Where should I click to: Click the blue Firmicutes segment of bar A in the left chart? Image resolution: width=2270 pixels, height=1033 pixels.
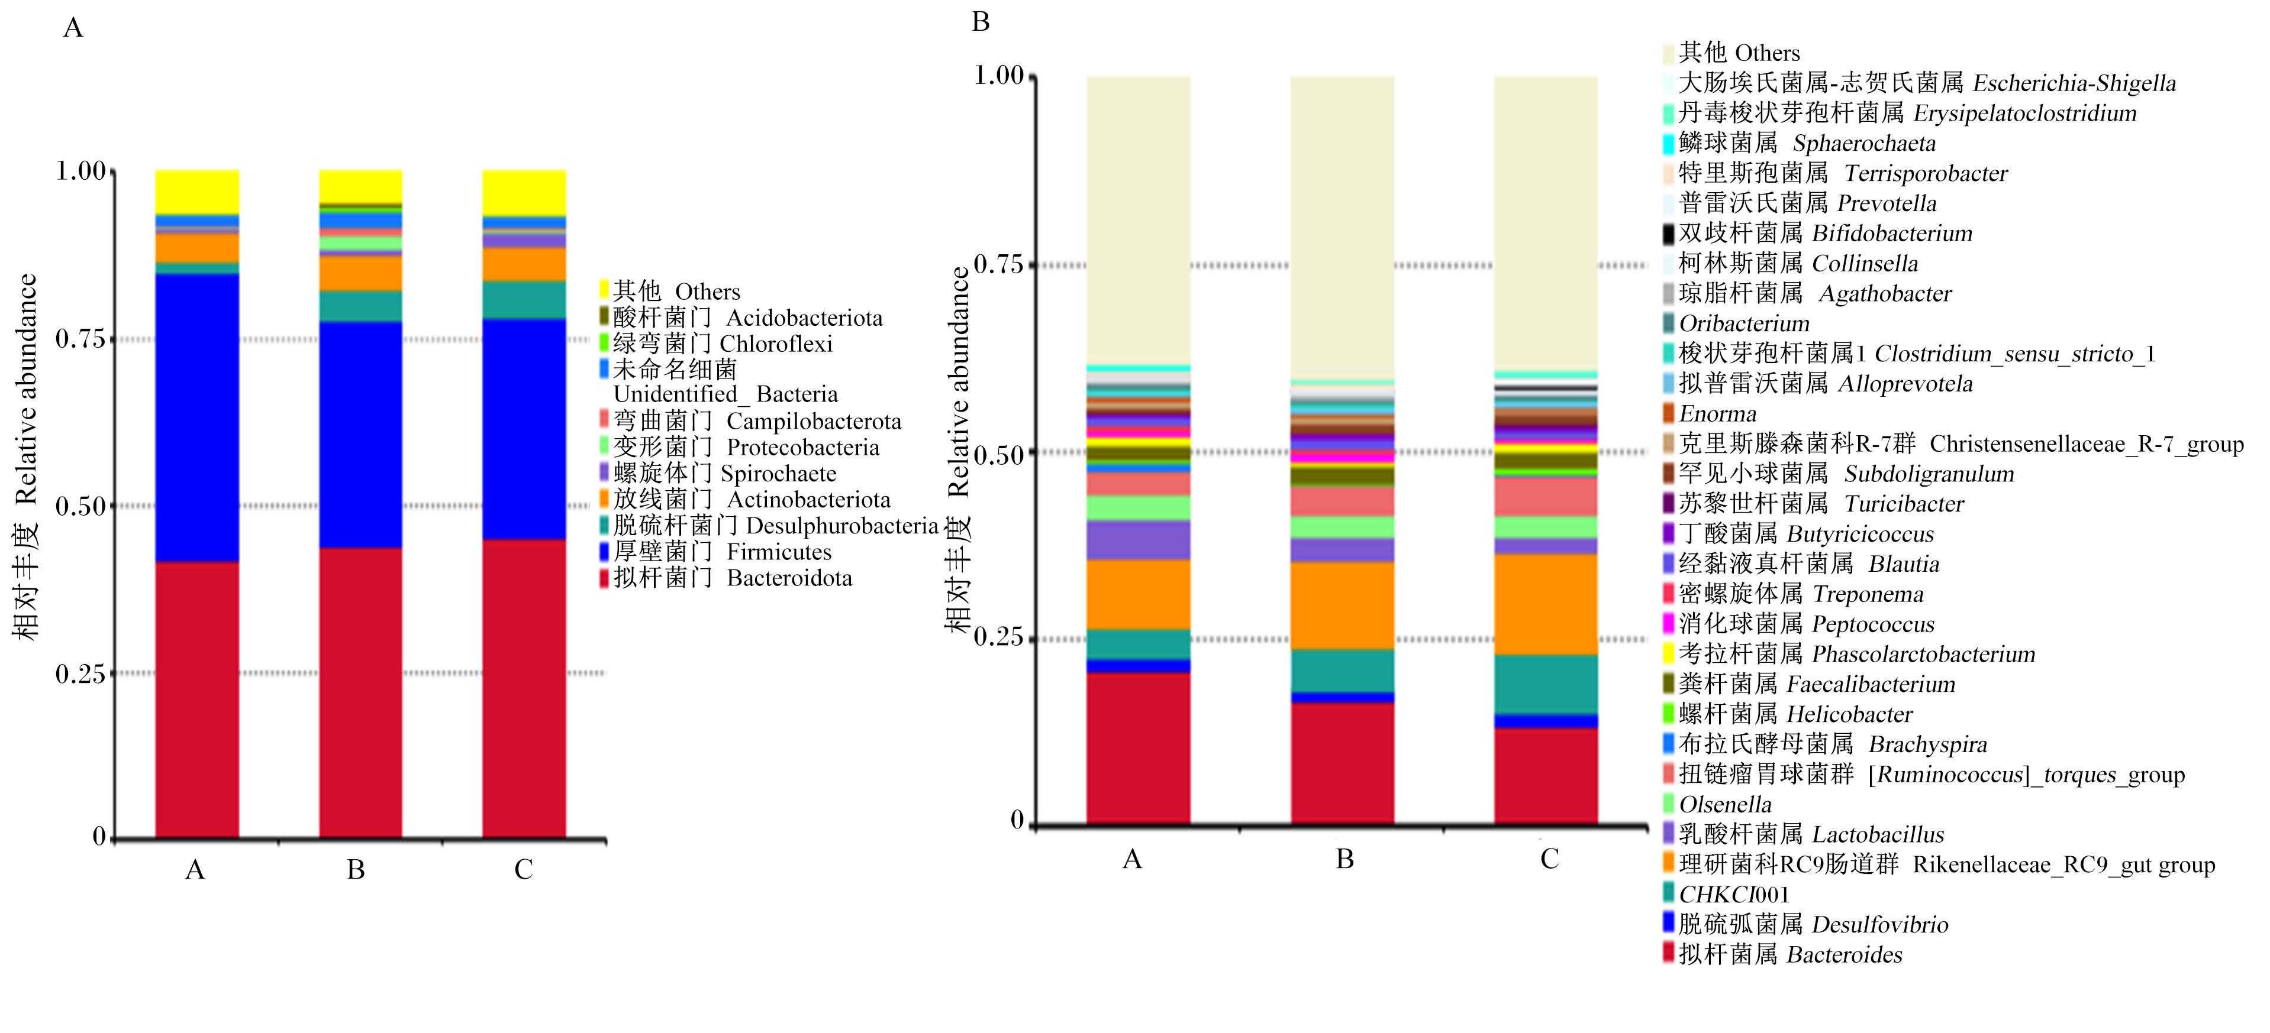point(196,417)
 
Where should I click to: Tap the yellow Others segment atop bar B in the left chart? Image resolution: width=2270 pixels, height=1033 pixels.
point(360,186)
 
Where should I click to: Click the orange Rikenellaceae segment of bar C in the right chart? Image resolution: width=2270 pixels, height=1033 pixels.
point(1546,604)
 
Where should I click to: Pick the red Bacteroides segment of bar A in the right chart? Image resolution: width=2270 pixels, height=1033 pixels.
point(1137,749)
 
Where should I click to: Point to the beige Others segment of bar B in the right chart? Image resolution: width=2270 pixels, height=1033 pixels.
point(1342,228)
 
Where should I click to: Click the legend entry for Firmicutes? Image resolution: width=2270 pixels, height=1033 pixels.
point(715,552)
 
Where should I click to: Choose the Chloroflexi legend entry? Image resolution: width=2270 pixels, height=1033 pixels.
point(715,344)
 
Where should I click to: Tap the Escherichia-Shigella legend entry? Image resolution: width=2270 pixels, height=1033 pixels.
point(1919,83)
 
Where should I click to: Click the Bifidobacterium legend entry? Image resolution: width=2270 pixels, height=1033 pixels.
point(1818,234)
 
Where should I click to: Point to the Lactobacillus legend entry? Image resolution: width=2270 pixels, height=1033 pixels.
point(1804,834)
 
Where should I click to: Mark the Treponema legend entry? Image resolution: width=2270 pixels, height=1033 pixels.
point(1793,594)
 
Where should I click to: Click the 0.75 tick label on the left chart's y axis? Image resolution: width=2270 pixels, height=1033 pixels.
point(80,338)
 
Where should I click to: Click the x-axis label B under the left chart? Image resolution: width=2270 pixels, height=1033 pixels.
point(356,870)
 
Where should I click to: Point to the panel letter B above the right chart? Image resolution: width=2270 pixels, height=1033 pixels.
point(981,21)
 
